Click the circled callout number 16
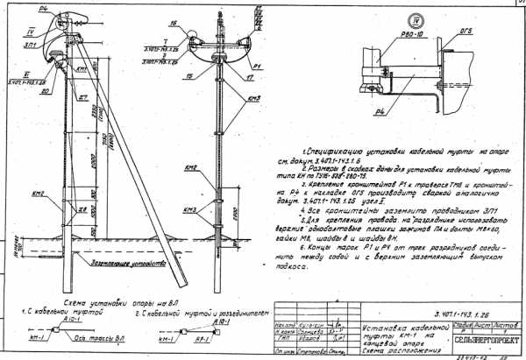pos(176,23)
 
